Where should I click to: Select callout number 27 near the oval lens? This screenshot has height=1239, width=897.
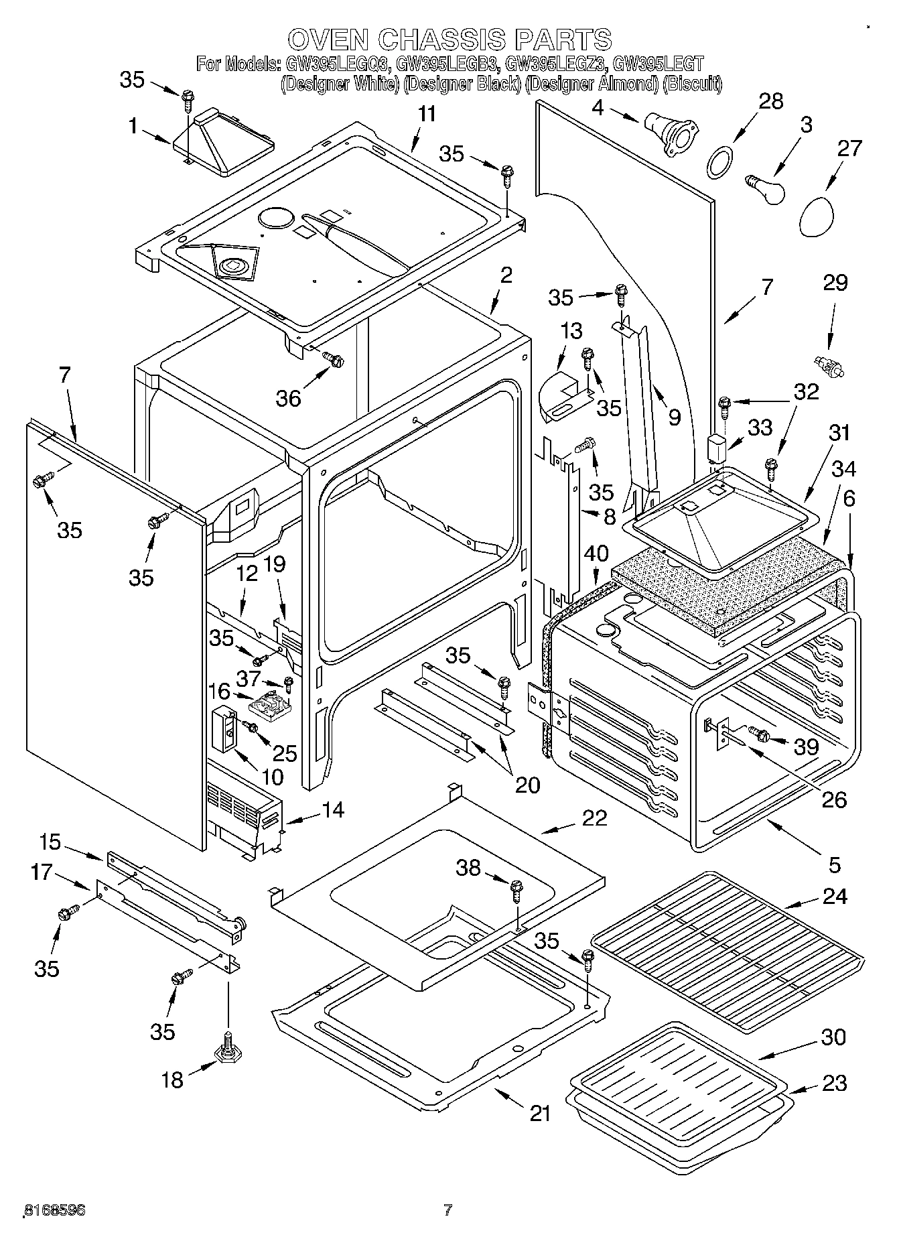[x=849, y=148]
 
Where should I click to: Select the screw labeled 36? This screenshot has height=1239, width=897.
[x=332, y=360]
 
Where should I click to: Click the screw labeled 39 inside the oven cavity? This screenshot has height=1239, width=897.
[x=761, y=734]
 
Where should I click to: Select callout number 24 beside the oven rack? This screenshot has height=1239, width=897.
[x=834, y=896]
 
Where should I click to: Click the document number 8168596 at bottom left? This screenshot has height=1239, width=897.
[x=54, y=1210]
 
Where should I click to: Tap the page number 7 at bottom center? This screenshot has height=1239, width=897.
[x=447, y=1210]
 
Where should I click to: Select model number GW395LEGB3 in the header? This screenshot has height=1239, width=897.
[x=447, y=65]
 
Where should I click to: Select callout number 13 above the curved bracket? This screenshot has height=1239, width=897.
[x=571, y=331]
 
